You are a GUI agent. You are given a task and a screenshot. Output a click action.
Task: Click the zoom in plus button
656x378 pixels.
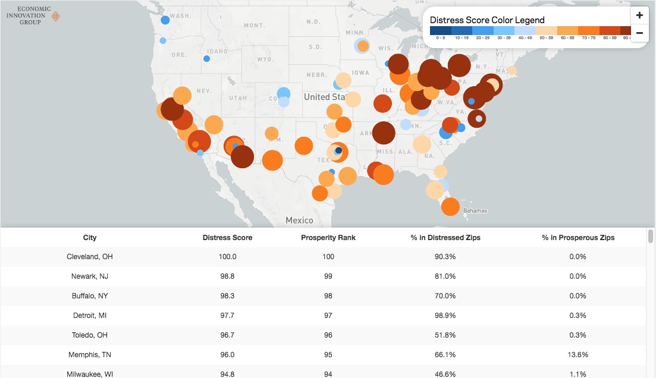(x=639, y=15)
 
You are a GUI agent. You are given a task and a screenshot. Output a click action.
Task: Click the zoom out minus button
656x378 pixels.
(x=639, y=33)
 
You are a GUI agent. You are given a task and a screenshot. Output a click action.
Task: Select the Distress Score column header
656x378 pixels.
(x=227, y=238)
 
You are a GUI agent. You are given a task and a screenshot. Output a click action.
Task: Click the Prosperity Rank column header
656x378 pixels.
(x=328, y=238)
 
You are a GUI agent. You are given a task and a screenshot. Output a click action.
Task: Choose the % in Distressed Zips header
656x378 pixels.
(x=445, y=238)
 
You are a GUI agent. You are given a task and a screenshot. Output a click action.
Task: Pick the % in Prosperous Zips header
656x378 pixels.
(x=578, y=238)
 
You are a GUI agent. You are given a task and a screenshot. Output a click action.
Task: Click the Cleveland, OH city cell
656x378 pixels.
(x=90, y=257)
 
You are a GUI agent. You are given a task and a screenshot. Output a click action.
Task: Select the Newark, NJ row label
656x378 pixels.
(x=90, y=276)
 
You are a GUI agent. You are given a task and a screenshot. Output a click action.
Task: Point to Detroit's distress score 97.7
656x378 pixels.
(x=227, y=316)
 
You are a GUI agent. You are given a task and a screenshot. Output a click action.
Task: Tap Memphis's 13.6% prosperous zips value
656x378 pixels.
(x=578, y=355)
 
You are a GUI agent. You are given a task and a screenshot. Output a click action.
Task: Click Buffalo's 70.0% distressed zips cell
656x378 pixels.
(x=445, y=296)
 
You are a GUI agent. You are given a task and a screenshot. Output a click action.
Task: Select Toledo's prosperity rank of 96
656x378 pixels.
(x=328, y=335)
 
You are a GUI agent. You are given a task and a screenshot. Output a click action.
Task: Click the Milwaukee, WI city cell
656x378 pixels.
(x=90, y=374)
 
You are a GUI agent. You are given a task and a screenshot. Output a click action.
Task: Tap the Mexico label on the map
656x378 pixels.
(x=299, y=220)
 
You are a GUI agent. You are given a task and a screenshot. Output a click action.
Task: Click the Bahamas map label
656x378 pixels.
(x=475, y=211)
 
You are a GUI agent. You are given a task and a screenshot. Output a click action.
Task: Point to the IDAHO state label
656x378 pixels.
(x=218, y=51)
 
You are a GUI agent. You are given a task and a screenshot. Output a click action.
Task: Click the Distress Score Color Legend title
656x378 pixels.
(x=487, y=20)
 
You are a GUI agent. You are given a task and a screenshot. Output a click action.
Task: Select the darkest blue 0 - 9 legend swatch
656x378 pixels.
(x=441, y=30)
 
